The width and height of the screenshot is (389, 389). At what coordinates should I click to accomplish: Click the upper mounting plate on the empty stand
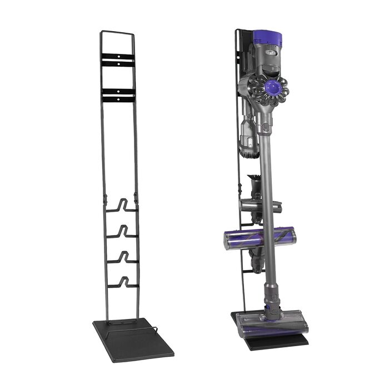[x=118, y=61]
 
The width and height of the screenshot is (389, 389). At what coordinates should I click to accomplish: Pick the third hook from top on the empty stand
[x=122, y=257]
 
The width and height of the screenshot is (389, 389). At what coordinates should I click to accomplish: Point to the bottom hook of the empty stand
[x=122, y=282]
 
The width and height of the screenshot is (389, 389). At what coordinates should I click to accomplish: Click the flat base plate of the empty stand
[x=133, y=339]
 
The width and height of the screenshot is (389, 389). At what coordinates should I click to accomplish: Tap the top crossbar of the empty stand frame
[x=117, y=32]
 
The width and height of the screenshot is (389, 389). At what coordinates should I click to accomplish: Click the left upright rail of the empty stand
[x=103, y=167]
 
